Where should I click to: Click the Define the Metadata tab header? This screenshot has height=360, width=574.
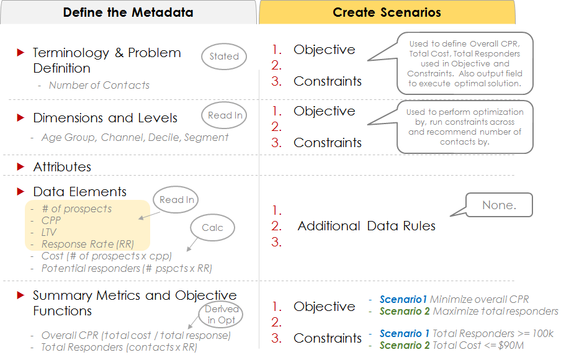(128, 12)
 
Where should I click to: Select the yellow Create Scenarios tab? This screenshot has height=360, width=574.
(387, 12)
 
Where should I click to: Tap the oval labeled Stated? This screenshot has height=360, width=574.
(224, 56)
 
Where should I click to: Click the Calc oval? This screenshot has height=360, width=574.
(212, 228)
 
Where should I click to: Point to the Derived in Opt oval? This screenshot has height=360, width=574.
(221, 314)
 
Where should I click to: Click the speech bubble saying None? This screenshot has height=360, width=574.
(499, 205)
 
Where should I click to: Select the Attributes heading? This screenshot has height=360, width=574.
(62, 167)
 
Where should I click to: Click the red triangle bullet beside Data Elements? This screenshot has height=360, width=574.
(20, 192)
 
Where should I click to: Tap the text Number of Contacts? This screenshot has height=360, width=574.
(99, 85)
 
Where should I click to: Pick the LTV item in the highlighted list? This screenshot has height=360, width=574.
(49, 232)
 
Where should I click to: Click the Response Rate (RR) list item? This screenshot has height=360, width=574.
(88, 244)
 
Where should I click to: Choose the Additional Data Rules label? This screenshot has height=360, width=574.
(367, 226)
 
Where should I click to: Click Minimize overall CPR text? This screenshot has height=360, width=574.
(479, 300)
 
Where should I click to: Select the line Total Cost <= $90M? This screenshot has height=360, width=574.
(478, 345)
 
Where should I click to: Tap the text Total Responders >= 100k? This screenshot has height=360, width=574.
(493, 334)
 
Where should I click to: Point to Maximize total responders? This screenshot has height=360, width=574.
(496, 312)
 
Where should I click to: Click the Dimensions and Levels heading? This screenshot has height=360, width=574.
(105, 118)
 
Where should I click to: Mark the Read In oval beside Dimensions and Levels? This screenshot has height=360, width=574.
(225, 115)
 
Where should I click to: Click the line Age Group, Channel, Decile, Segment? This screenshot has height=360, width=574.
(135, 137)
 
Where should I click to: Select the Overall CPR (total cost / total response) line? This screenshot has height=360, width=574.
(136, 335)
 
